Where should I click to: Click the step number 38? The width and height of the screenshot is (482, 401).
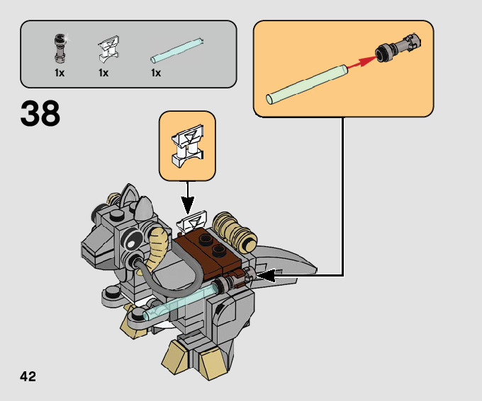coord(40,114)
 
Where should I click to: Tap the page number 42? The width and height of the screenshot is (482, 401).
coord(28,376)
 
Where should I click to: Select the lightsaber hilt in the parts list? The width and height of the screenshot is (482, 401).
coord(60,47)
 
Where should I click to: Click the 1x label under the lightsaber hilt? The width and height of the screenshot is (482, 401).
coord(60,73)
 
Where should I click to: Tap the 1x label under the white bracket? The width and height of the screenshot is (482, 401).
coord(103,73)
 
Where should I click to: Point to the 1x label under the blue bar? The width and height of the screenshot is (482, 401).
coord(156,73)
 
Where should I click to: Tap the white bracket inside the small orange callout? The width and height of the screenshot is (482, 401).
coord(186,143)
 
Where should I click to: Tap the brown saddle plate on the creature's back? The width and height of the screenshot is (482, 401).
coord(213,254)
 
